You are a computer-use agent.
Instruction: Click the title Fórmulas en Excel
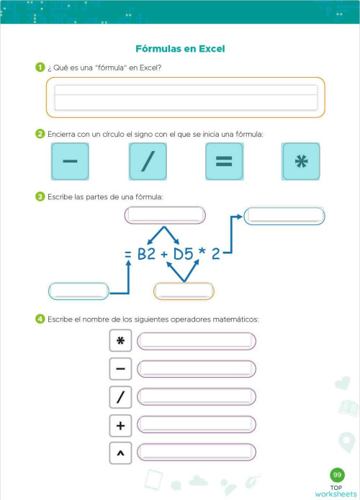tap(180, 49)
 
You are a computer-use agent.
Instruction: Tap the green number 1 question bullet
tap(40, 68)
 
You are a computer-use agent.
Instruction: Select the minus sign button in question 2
tap(70, 161)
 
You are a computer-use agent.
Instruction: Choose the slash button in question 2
tap(148, 161)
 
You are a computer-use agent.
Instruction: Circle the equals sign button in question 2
tap(224, 161)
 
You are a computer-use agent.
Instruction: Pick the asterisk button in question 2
tap(300, 161)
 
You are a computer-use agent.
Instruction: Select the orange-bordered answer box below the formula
tap(184, 291)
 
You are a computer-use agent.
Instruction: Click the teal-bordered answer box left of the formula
tap(78, 291)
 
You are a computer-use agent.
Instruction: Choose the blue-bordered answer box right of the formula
tap(284, 216)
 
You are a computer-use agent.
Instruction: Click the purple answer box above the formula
tap(165, 216)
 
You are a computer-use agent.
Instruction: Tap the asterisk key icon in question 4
tap(120, 341)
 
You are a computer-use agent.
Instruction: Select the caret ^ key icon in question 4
tap(120, 453)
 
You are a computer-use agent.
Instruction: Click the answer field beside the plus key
tap(196, 425)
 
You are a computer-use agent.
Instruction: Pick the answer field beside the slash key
tap(196, 397)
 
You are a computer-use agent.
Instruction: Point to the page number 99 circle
tap(336, 475)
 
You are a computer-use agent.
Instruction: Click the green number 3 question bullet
tap(40, 196)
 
